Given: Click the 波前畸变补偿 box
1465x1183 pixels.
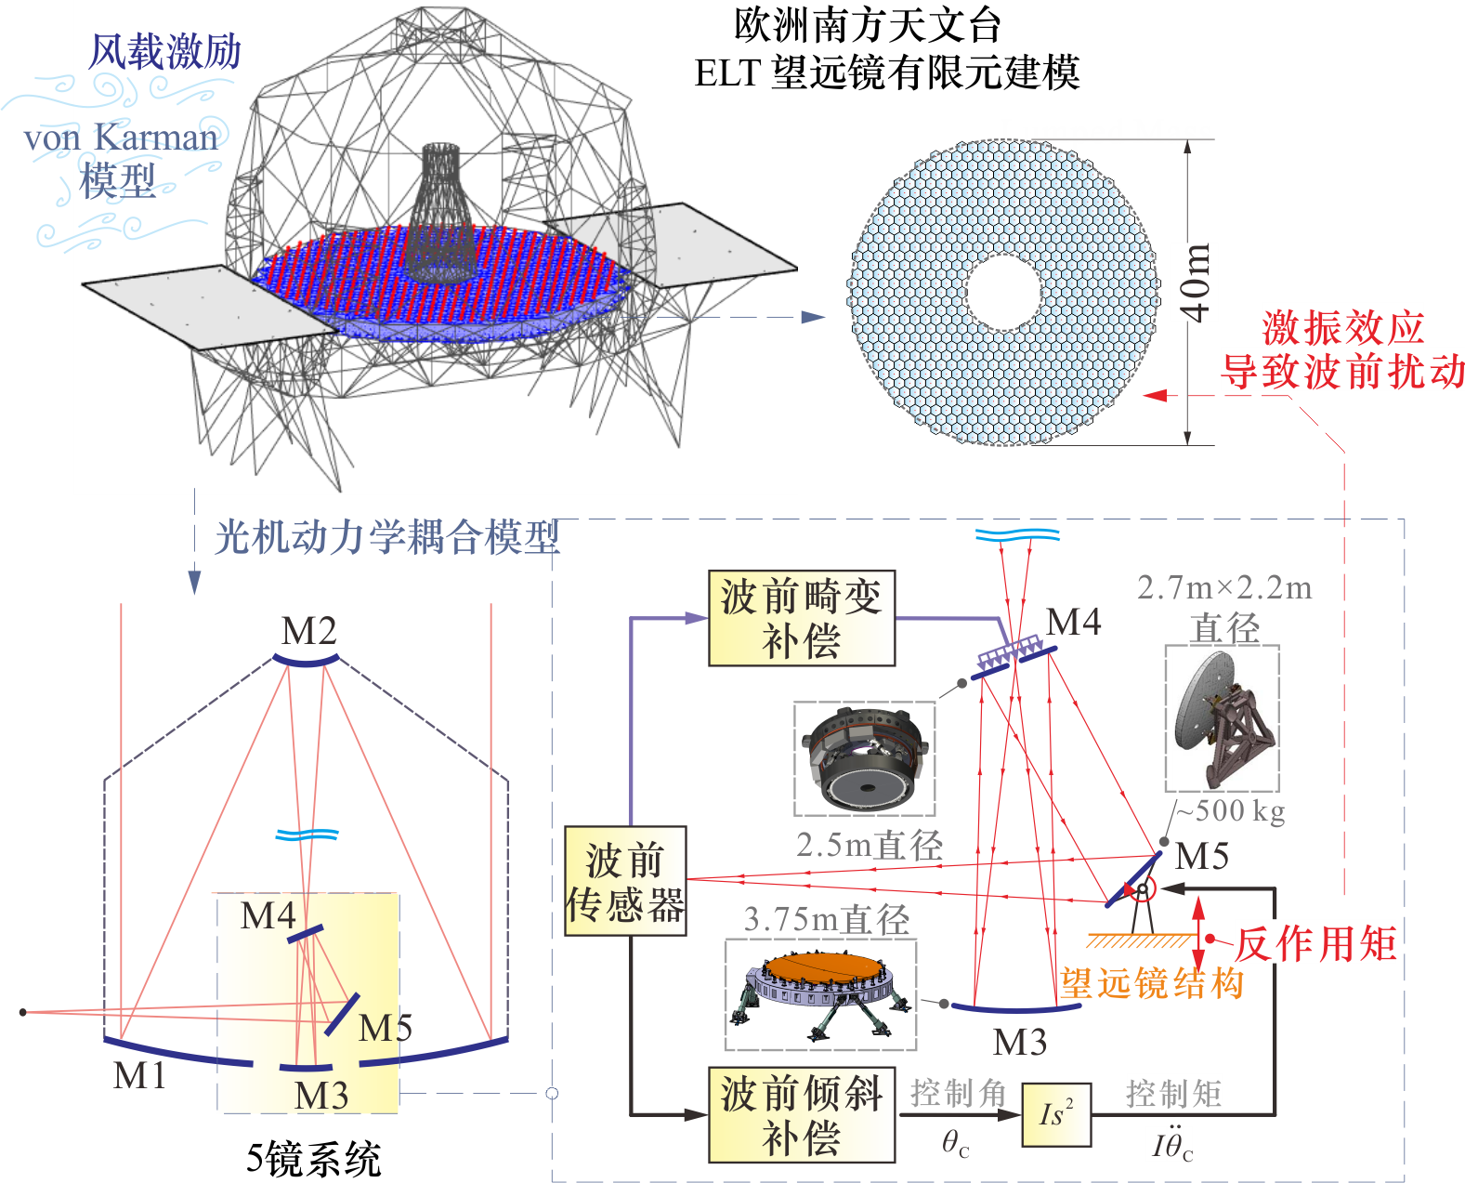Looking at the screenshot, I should point(801,618).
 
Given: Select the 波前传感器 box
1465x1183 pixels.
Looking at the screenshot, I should point(625,881).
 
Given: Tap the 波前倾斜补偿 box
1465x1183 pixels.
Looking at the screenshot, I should point(801,1115).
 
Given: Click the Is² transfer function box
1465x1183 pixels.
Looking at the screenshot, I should point(1056,1114).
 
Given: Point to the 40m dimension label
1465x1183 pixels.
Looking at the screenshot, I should point(1196,283).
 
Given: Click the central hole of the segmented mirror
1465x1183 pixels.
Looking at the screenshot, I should point(1002,292).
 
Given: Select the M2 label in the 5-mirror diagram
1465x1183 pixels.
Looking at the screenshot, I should point(308,632).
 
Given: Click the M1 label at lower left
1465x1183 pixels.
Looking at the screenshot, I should point(139,1075).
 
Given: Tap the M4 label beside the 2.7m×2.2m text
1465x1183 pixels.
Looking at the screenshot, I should point(1073,622).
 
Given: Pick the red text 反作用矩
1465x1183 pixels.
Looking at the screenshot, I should point(1316,944).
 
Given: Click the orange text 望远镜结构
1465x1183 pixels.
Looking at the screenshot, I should point(1152,983).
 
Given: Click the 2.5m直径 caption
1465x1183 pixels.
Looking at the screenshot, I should point(869,845).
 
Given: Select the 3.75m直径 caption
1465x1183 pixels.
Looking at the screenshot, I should point(826,919).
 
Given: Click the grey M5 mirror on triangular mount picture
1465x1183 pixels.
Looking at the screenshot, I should point(1222,718).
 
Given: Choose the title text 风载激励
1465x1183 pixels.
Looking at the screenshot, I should point(164,52).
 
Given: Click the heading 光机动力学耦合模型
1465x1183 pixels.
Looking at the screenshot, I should point(387,537).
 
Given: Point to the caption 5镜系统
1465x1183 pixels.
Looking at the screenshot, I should point(313,1159).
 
